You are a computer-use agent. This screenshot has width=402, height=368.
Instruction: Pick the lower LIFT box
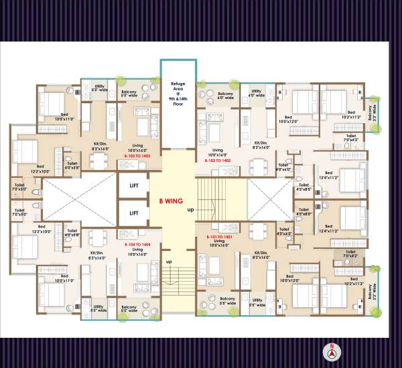133,213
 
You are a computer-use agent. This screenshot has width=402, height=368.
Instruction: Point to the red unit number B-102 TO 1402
218,161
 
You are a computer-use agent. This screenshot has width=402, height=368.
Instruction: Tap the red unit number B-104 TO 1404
137,246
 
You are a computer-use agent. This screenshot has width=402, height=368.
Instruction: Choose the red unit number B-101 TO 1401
218,238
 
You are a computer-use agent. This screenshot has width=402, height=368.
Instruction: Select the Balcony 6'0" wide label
226,95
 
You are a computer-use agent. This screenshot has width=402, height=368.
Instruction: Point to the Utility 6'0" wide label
256,93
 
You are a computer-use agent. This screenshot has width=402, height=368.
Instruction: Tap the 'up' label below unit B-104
169,261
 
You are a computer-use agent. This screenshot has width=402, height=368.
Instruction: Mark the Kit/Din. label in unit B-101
261,255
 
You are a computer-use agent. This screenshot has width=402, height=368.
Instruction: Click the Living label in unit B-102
217,152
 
